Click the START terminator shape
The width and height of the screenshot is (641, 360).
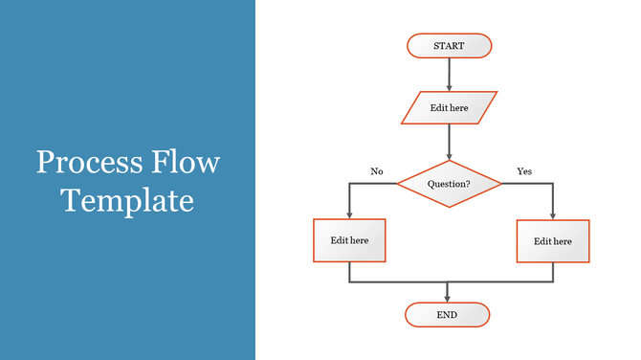pos(449,46)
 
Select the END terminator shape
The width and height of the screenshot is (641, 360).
pos(447,315)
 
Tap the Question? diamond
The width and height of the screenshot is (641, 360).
pos(449,183)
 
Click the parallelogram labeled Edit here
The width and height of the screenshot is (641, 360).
pos(449,108)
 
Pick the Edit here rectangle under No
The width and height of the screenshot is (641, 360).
pos(349,240)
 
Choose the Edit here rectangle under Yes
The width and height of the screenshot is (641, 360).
pos(553,241)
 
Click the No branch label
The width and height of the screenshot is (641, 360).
pos(377,171)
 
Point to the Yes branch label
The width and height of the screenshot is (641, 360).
pos(524,171)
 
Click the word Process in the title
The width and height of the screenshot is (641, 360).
pos(87,163)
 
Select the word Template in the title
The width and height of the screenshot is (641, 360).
pos(127,200)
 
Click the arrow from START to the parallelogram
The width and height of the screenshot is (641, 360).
pos(449,74)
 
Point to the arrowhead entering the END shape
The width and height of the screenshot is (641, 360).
pos(448,298)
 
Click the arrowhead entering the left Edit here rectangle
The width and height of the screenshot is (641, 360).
pos(349,214)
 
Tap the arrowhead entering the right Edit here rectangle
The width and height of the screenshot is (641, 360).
pos(553,215)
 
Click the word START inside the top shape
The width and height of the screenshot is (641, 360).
pos(449,46)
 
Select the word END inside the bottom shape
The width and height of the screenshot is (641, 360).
pos(447,315)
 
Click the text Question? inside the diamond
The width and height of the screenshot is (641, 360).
pos(449,183)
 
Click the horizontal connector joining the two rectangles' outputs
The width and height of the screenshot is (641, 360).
pos(451,282)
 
